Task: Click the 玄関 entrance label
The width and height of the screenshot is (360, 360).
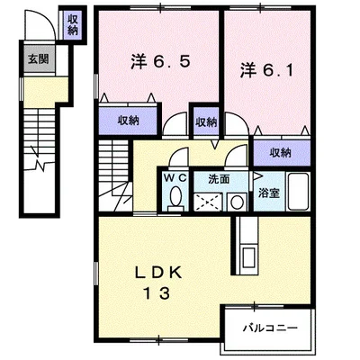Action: [x=38, y=58]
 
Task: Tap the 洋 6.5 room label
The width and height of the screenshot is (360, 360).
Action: [x=160, y=62]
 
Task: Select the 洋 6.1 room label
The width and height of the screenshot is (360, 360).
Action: [x=266, y=71]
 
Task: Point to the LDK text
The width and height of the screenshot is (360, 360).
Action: [x=157, y=273]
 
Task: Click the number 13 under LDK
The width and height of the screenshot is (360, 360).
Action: [x=157, y=292]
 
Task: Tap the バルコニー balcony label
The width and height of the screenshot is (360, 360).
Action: [x=270, y=328]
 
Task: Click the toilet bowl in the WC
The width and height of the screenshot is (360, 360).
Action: [x=175, y=197]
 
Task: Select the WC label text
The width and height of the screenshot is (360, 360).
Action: [x=175, y=177]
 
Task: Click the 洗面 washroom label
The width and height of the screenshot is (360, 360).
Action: [x=219, y=179]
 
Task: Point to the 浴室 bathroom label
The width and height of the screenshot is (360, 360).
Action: [x=269, y=193]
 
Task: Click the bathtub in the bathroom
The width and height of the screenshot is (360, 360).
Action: [x=298, y=192]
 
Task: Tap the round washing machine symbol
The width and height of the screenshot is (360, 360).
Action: [x=237, y=202]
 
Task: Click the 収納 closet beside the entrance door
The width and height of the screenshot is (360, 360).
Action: [x=72, y=25]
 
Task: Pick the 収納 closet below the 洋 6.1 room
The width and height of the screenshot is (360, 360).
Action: [x=282, y=153]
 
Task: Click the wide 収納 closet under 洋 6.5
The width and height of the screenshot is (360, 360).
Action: [x=128, y=121]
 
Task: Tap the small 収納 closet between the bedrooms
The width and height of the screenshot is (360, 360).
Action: [x=206, y=121]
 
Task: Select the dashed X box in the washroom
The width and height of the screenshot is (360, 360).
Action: [x=209, y=202]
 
